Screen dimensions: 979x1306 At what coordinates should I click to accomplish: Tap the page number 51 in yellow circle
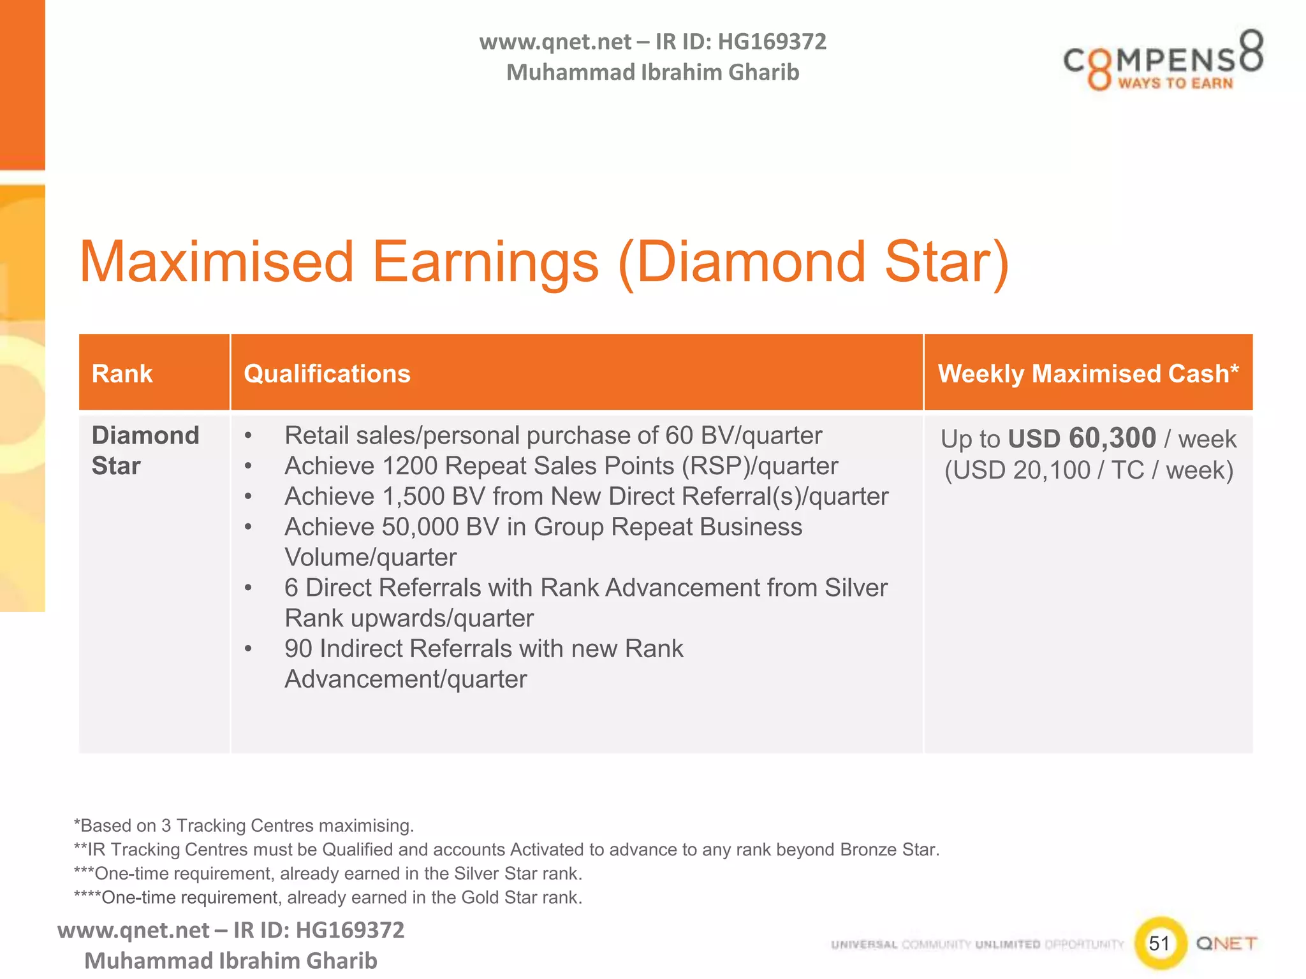pos(1159,943)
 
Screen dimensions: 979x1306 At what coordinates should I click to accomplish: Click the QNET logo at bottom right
pos(1226,943)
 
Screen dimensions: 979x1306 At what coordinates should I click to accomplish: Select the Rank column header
pos(122,373)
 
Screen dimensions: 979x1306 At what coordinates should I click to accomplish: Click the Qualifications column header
pos(326,373)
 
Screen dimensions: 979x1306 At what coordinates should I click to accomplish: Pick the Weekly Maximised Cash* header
pos(1088,373)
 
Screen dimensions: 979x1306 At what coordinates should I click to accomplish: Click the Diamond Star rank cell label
pos(145,450)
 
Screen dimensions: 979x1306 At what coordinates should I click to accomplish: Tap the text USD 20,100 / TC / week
pos(1088,470)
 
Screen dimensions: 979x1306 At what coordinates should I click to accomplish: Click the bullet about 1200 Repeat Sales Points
pos(561,466)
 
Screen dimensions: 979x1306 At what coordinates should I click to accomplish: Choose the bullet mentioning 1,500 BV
pos(585,497)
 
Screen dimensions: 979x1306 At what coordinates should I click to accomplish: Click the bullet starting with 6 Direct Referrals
pos(585,588)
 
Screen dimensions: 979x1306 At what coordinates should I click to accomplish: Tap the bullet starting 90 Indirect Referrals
pos(483,649)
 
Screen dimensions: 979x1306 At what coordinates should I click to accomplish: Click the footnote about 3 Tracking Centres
pos(244,825)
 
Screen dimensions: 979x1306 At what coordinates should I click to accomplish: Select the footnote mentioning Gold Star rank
pos(328,897)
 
